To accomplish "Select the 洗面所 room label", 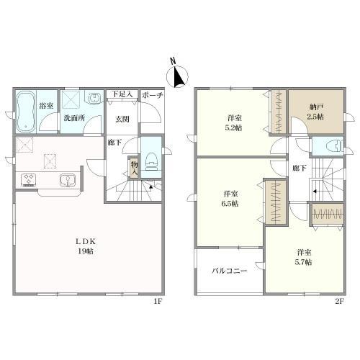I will tap(72, 118).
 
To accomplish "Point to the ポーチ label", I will tap(152, 95).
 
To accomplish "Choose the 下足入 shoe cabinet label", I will tap(120, 94).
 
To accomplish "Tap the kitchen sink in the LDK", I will tap(68, 180).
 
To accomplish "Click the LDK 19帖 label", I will tap(84, 246).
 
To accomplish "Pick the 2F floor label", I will tap(339, 302).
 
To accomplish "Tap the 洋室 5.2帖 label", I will tap(233, 122).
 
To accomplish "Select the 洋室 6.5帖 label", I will tap(230, 199).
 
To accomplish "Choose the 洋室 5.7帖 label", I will tap(303, 257).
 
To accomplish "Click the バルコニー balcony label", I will tap(229, 271).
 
